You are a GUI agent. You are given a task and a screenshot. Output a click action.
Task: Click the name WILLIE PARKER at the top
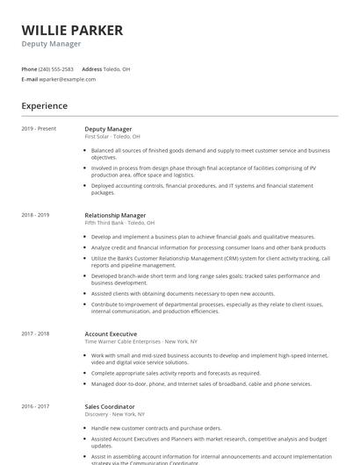(x=72, y=30)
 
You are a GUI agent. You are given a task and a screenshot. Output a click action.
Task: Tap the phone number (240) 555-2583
(x=57, y=68)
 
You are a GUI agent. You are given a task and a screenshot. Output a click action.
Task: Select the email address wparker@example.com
(x=68, y=79)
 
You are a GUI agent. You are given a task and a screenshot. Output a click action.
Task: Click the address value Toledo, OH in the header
(x=118, y=68)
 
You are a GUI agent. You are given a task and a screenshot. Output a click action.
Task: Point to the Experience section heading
(x=44, y=106)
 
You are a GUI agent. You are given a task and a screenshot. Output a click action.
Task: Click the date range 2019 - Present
(x=39, y=129)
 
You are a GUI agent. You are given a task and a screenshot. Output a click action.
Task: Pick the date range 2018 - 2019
(x=35, y=215)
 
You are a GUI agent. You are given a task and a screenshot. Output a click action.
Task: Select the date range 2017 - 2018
(x=35, y=333)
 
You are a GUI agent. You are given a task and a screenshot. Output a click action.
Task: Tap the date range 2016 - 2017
(x=35, y=407)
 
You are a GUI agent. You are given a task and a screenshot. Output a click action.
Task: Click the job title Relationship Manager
(x=115, y=215)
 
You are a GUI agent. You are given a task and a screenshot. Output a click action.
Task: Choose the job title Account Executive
(x=111, y=333)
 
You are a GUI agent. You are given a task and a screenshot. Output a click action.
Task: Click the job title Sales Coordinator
(x=110, y=407)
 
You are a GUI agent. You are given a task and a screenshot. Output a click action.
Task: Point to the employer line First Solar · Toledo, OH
(x=112, y=137)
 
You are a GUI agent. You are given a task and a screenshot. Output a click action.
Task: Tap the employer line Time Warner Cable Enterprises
(x=140, y=341)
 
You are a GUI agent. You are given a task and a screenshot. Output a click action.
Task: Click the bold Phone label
(x=29, y=68)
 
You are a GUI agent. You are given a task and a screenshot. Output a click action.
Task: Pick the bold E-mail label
(x=29, y=79)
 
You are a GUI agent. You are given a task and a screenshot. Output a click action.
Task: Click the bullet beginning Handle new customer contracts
(x=150, y=428)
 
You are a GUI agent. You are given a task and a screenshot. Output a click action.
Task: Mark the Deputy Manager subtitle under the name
(x=51, y=44)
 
